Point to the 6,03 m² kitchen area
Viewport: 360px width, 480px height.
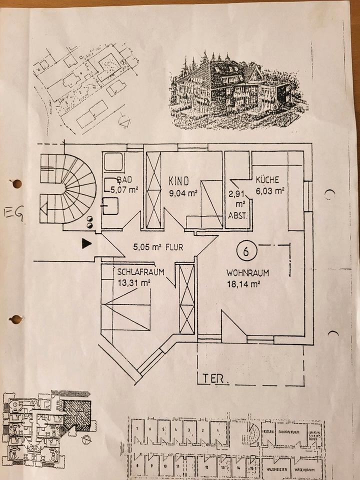(x=270, y=190)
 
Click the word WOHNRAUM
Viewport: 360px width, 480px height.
(x=248, y=274)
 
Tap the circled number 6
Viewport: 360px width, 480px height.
(x=246, y=251)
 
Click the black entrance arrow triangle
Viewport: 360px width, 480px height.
(x=87, y=244)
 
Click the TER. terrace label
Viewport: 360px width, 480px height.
(x=216, y=379)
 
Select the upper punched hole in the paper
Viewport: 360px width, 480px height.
(x=16, y=183)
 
